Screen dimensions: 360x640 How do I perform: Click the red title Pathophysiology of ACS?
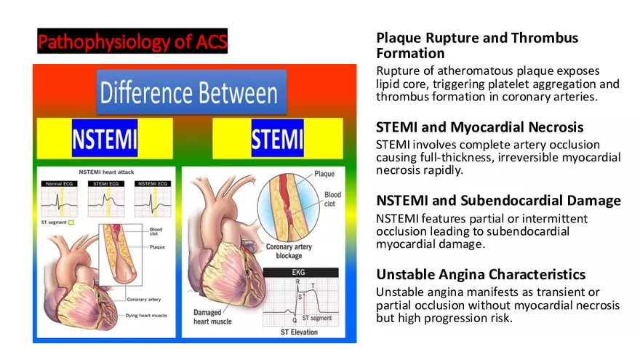tap(132, 41)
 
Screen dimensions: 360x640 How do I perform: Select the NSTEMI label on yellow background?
tap(105, 139)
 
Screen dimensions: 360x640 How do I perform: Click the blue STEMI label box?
tap(277, 139)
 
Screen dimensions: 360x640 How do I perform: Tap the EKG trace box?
tap(302, 299)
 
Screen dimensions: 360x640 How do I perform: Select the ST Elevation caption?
tap(301, 332)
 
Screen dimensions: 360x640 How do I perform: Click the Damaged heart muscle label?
tap(212, 316)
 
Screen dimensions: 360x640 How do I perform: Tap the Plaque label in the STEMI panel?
tap(324, 175)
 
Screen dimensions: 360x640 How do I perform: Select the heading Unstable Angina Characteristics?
tap(481, 275)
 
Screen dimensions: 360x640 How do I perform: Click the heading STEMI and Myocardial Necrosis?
tap(479, 128)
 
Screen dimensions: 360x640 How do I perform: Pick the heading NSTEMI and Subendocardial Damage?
tap(498, 201)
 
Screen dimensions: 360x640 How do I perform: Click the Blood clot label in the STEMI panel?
tap(332, 199)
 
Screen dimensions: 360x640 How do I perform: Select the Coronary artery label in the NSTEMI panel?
tap(144, 299)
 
